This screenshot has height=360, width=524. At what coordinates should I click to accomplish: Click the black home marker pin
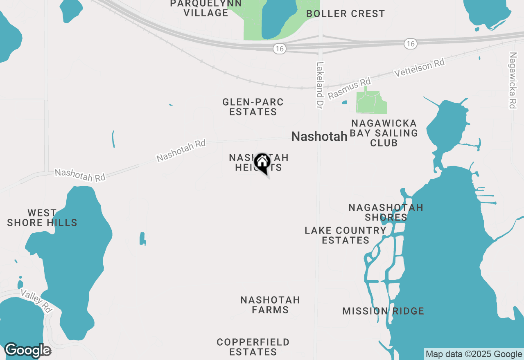click(x=262, y=162)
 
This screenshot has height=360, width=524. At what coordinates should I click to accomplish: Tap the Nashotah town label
click(x=319, y=137)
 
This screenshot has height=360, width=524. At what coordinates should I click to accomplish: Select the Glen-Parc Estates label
click(x=253, y=107)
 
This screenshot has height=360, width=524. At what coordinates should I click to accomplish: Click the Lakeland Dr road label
click(x=320, y=85)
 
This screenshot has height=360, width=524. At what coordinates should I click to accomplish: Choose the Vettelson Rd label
click(x=420, y=67)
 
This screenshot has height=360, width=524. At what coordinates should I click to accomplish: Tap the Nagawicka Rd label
click(x=513, y=80)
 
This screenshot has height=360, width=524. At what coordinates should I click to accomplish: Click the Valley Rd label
click(x=36, y=301)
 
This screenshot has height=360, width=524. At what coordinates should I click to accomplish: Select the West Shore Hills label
click(x=42, y=218)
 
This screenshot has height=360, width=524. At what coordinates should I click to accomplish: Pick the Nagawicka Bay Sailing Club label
click(x=384, y=133)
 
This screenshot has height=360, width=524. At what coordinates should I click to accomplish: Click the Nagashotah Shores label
click(x=386, y=212)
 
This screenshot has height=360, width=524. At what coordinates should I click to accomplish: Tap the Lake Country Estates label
click(x=346, y=235)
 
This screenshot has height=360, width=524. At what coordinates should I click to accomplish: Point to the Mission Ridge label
click(x=383, y=311)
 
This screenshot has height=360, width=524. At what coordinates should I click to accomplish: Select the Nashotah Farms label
click(x=270, y=305)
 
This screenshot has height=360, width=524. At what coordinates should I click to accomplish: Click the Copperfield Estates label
click(x=253, y=346)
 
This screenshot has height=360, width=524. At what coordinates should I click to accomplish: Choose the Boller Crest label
click(x=346, y=13)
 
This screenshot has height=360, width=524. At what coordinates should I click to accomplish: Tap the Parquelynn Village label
click(x=206, y=8)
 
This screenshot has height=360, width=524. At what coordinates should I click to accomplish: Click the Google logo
click(x=28, y=351)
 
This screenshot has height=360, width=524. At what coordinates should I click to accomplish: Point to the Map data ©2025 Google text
click(x=474, y=354)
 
